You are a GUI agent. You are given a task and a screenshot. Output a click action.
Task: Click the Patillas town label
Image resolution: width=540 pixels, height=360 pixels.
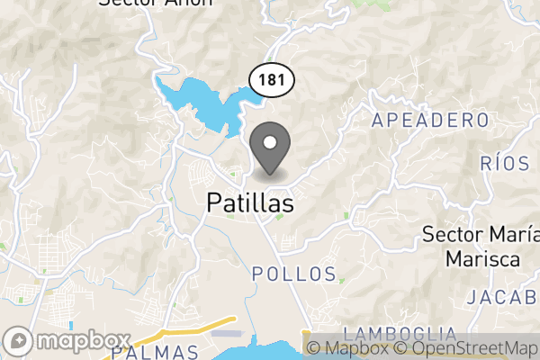coord(250,204)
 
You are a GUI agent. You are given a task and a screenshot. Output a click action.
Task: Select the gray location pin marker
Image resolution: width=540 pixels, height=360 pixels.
coord(268,148)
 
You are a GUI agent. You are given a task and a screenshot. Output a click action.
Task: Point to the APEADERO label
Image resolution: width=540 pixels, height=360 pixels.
coord(430,121)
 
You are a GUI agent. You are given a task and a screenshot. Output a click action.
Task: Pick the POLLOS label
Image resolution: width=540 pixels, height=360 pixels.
coord(294,274)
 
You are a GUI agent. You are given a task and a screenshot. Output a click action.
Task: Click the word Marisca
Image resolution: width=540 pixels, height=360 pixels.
coord(481,259)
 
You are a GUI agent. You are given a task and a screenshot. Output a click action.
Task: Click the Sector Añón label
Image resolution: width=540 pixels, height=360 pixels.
coord(156,2)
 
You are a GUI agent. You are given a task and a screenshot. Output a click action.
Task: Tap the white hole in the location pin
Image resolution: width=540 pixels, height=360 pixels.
coord(268,140)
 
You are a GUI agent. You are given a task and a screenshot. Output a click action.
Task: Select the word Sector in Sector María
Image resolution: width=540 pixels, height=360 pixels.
coord(453,236)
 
